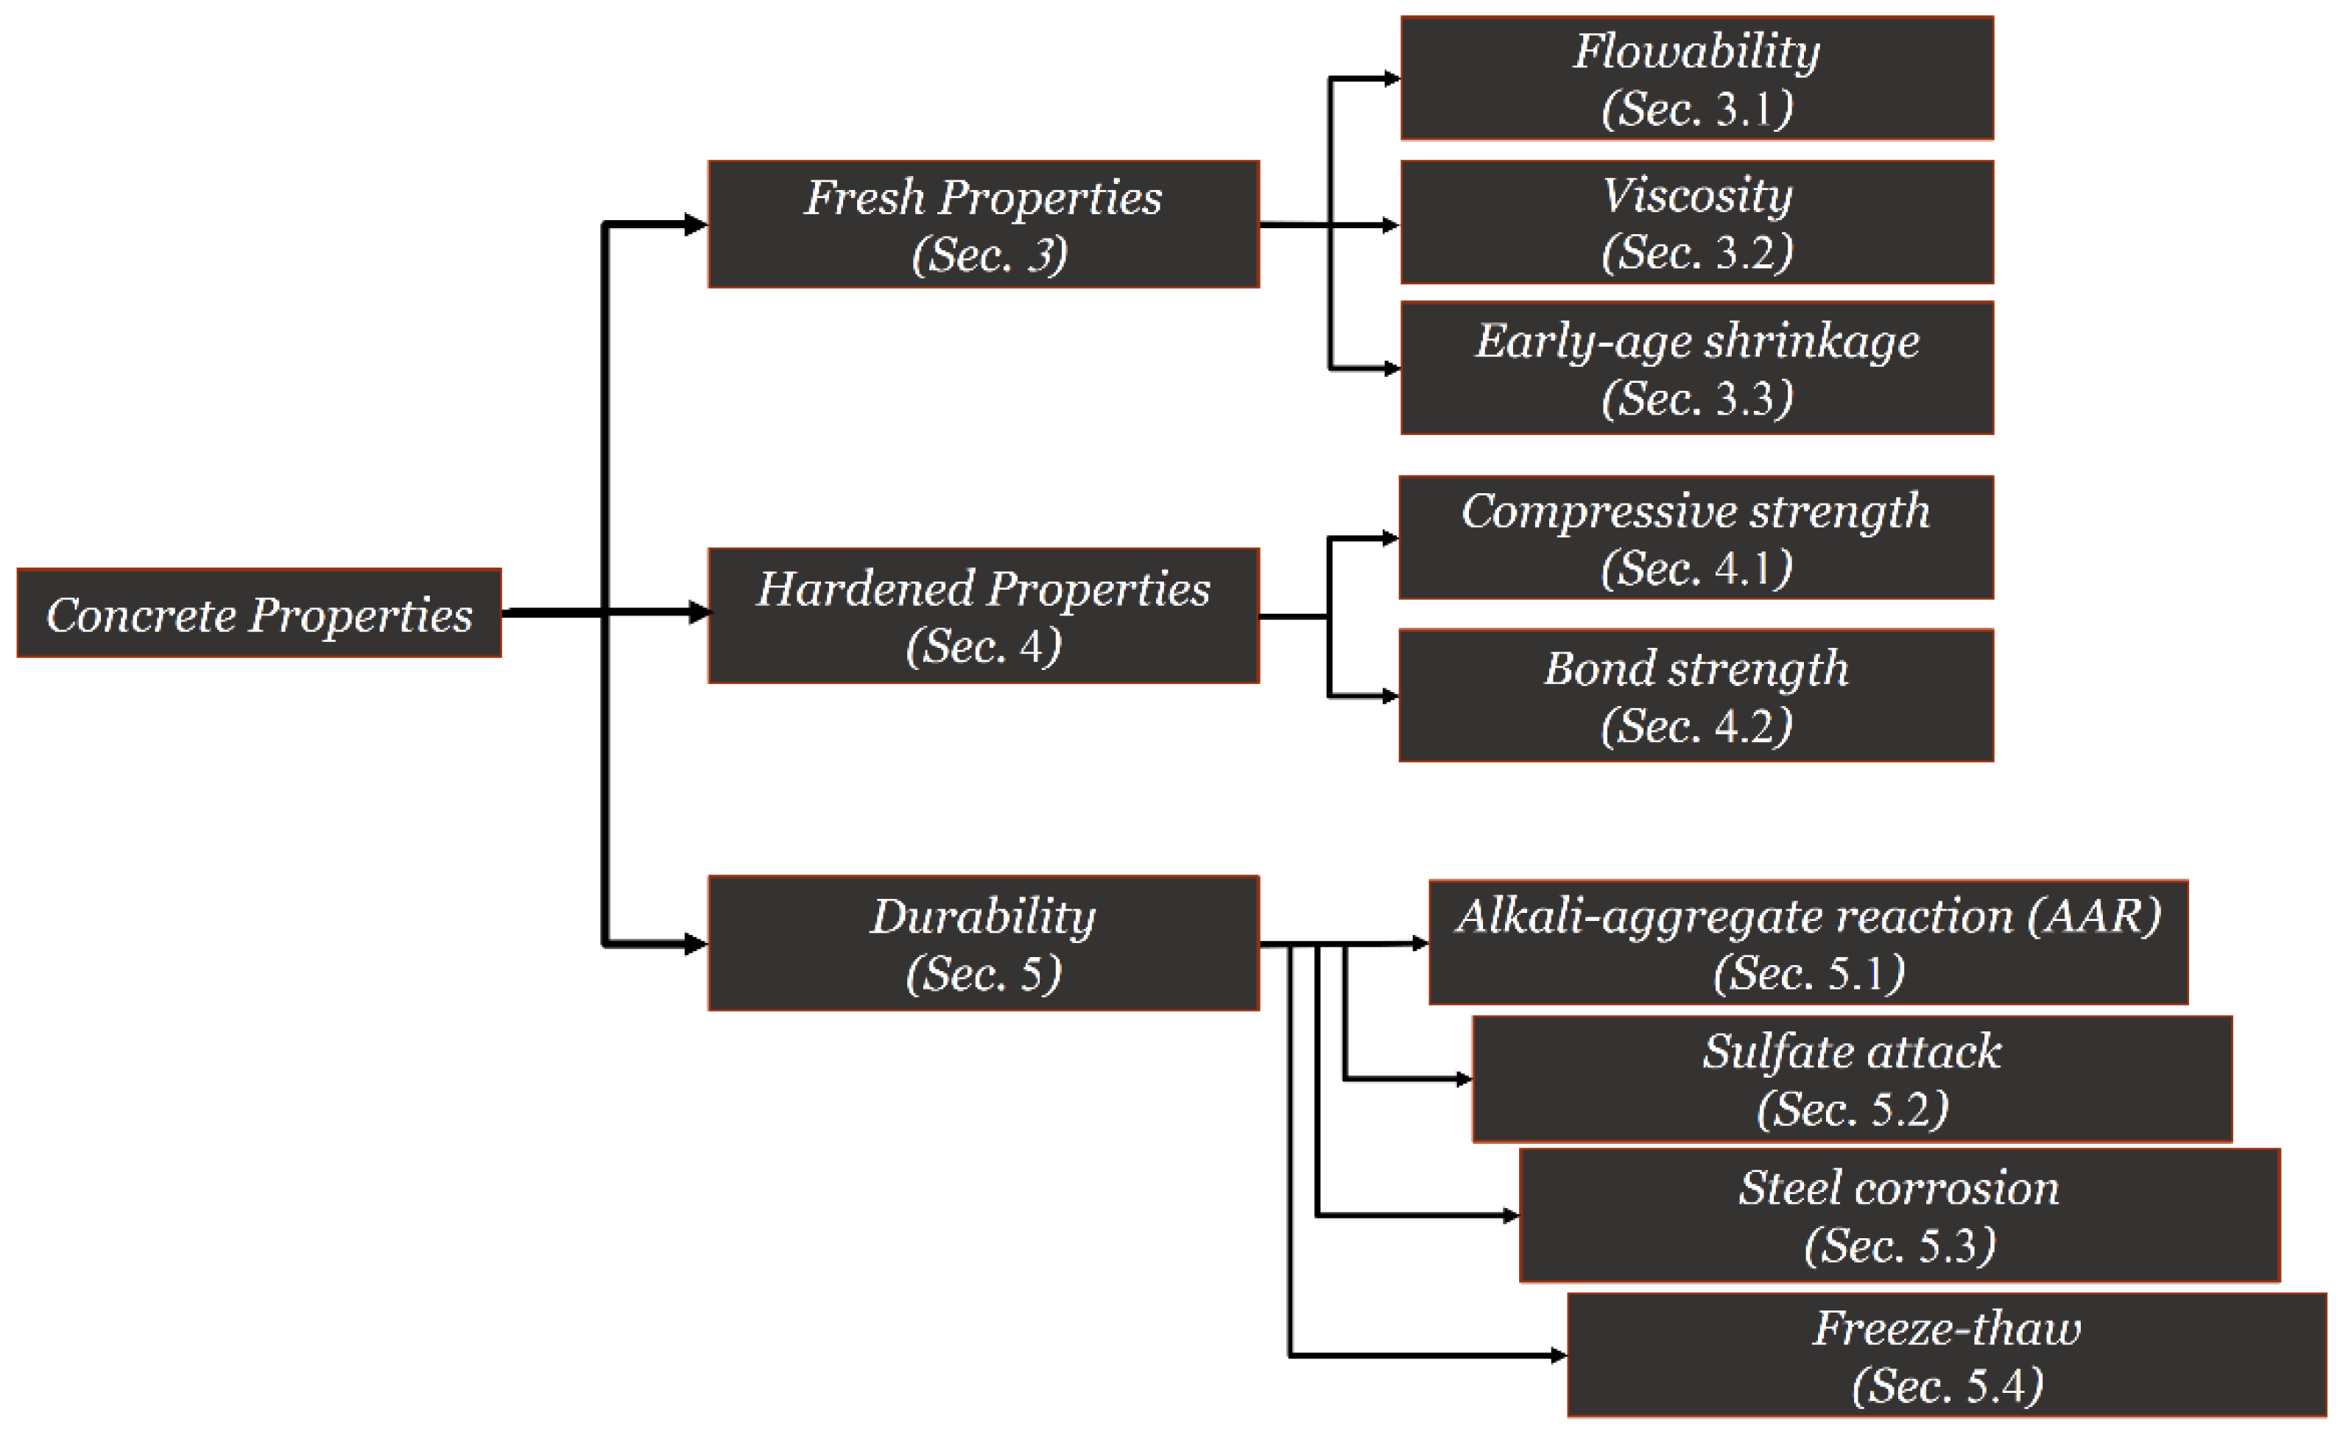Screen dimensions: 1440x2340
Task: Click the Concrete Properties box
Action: pyautogui.click(x=259, y=613)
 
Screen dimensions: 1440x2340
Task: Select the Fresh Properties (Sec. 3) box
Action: pyautogui.click(x=983, y=225)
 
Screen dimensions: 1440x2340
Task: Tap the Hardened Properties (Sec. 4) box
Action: pyautogui.click(x=983, y=615)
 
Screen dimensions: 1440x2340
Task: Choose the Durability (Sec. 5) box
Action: pyautogui.click(x=983, y=943)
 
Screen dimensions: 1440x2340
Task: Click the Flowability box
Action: pyautogui.click(x=1696, y=78)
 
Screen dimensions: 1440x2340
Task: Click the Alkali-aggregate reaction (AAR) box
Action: pyautogui.click(x=1808, y=943)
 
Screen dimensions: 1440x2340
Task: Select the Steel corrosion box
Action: pyautogui.click(x=1899, y=1215)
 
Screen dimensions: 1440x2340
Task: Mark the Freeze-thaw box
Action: pyautogui.click(x=1947, y=1355)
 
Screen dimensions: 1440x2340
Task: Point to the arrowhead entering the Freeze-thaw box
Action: pyautogui.click(x=1558, y=1355)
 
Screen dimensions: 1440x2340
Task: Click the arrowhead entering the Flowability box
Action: pyautogui.click(x=1392, y=78)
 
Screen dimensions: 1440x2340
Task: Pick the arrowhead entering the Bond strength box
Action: pyautogui.click(x=1389, y=696)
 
